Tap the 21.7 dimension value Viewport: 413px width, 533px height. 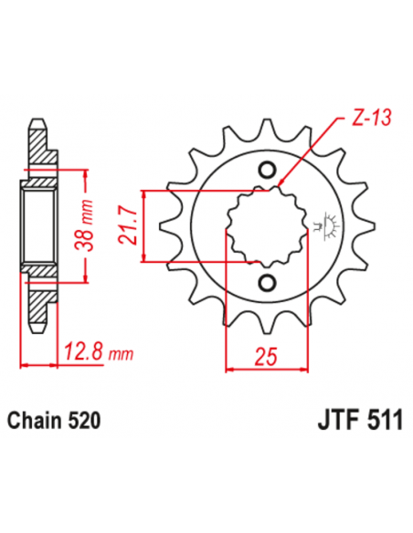pyautogui.click(x=127, y=226)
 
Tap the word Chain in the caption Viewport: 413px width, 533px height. pyautogui.click(x=35, y=422)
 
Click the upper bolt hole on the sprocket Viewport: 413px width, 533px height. pyautogui.click(x=267, y=170)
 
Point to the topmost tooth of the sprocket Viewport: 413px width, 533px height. pyautogui.click(x=267, y=126)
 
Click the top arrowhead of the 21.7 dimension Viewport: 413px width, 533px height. pyautogui.click(x=143, y=193)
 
